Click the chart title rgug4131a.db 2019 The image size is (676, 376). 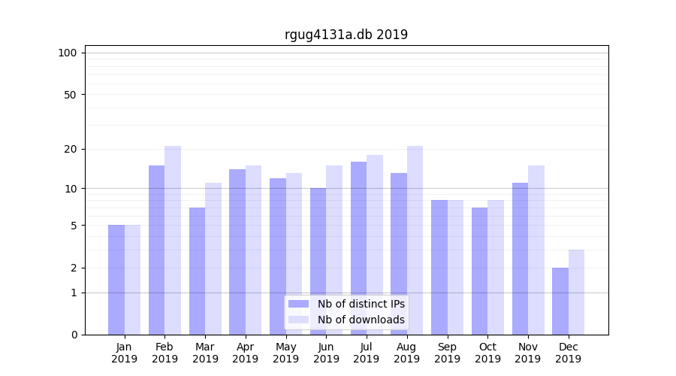346,35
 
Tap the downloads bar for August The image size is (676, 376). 415,240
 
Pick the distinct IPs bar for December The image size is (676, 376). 560,301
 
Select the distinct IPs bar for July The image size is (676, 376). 358,248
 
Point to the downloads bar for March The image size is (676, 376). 213,259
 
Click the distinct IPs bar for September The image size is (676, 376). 439,267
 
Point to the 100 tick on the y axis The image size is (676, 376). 68,53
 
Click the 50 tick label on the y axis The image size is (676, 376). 70,95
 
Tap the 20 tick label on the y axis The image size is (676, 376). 70,149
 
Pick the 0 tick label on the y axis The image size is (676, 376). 74,335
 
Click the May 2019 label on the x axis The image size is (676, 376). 285,353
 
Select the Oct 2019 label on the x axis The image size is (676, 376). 487,353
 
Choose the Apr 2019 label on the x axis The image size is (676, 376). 246,353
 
